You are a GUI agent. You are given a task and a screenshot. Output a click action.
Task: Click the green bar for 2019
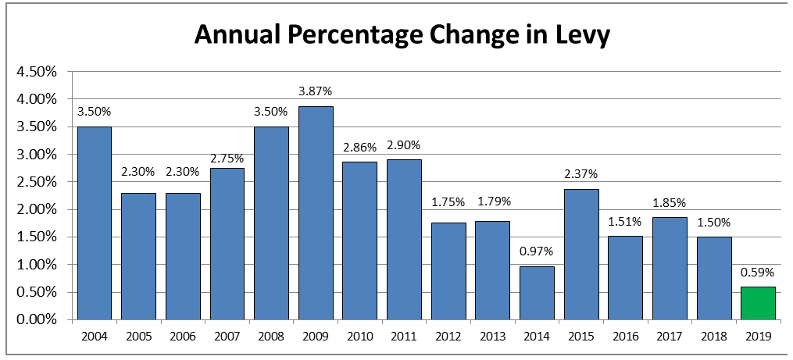point(758,303)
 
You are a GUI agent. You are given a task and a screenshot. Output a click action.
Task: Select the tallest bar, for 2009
point(315,213)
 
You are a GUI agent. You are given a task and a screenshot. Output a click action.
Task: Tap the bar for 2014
point(537,293)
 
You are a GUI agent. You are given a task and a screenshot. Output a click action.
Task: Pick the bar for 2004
point(94,223)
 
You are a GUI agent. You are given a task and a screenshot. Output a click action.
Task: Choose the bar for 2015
point(580,254)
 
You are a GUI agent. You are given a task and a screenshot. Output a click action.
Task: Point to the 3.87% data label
point(315,92)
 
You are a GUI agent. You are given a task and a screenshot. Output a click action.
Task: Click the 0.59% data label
point(758,273)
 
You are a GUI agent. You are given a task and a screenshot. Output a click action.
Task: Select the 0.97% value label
point(537,251)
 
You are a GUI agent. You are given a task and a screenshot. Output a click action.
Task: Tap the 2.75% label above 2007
point(227,159)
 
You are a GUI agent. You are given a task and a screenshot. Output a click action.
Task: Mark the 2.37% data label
point(580,174)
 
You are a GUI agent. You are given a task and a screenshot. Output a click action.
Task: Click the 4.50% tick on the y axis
point(35,72)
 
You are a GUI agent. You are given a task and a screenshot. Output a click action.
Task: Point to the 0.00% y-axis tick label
point(35,319)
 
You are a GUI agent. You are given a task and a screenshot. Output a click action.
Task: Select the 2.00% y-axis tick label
point(35,209)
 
